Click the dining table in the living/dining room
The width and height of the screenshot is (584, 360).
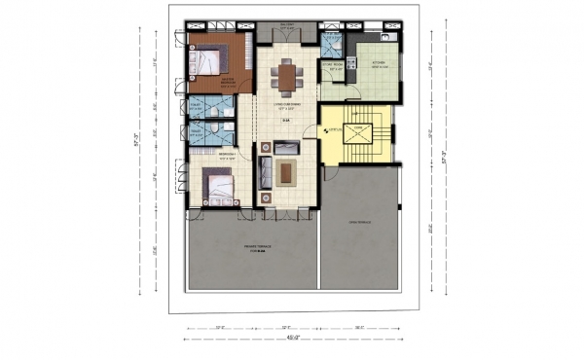(x=286, y=74)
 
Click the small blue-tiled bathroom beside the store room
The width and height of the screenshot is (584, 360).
(x=332, y=44)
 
